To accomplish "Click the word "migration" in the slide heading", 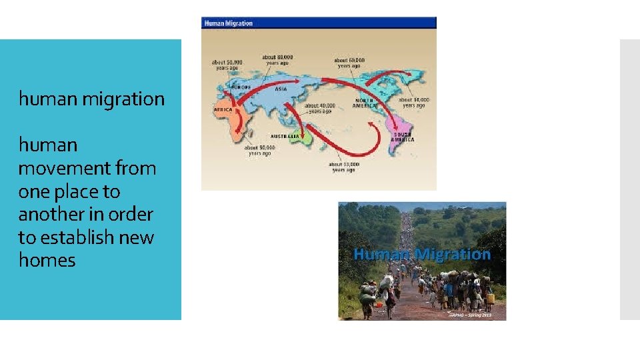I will tap(123, 99).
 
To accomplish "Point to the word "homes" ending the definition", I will tap(47, 260).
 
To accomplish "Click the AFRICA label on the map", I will tap(223, 109).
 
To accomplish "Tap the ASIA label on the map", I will tap(281, 89).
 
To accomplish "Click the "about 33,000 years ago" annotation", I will tap(344, 167).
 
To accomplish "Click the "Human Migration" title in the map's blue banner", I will tap(228, 23).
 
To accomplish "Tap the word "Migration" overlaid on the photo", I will tap(453, 254).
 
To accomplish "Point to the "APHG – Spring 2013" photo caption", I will tap(471, 315).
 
